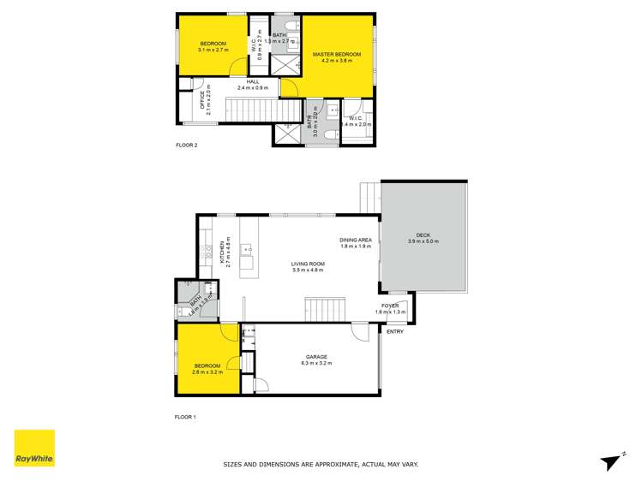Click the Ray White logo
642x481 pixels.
coord(34,449)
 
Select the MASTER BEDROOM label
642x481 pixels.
coord(337,54)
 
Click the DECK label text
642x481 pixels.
coord(423,235)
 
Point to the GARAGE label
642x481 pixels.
coord(316,357)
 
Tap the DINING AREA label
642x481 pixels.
coord(354,240)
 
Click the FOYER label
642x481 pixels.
coord(390,306)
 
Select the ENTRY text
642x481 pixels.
coord(395,331)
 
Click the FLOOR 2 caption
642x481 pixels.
coord(187,145)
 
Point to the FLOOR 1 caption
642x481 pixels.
coord(186,417)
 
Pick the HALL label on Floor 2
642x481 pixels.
coord(253,81)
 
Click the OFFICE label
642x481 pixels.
coord(202,101)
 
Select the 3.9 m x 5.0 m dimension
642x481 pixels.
coord(423,242)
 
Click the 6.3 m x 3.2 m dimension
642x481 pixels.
coord(316,364)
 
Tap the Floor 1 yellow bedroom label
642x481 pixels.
coord(207,365)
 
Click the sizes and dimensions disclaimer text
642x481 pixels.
coord(321,465)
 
